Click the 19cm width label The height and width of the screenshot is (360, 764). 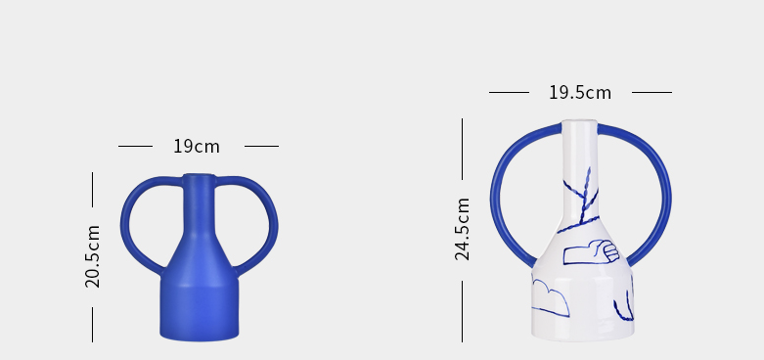coord(197,146)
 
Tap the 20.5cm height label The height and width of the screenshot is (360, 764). coord(93,256)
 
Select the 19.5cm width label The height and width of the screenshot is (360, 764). coord(580,93)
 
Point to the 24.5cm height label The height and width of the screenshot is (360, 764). coord(463,229)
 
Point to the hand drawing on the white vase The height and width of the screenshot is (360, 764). coord(591,251)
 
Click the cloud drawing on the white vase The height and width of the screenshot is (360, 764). coord(551,298)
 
